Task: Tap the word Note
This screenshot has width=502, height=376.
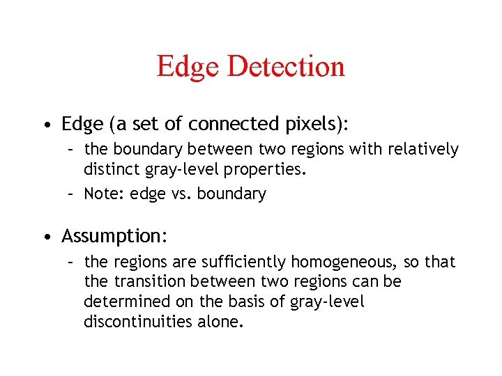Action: coord(102,194)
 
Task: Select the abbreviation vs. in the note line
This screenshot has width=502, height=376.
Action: coord(181,194)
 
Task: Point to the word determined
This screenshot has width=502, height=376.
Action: coord(122,301)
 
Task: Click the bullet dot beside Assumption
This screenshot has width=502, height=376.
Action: coord(45,237)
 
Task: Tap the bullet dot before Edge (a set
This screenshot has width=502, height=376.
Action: coord(45,125)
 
